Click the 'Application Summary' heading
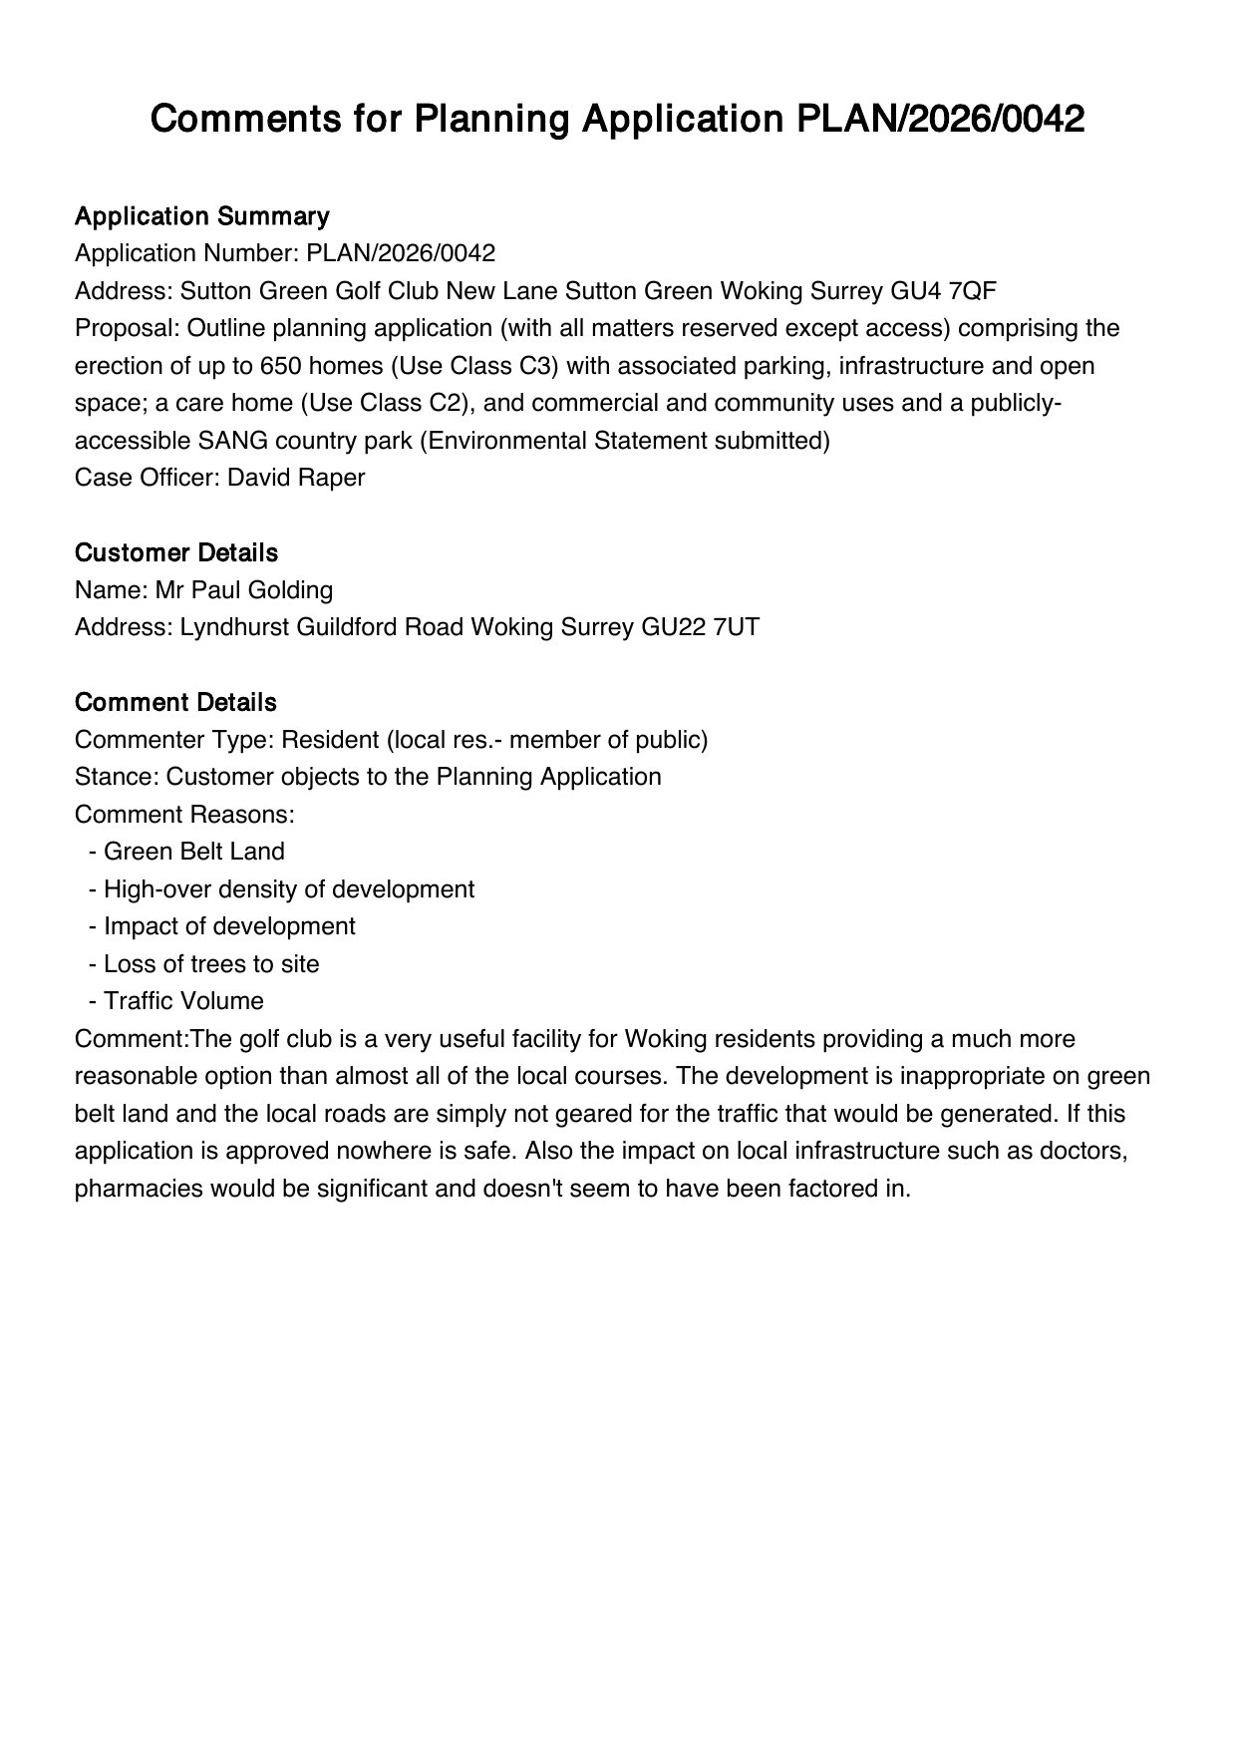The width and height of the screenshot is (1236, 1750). pyautogui.click(x=201, y=216)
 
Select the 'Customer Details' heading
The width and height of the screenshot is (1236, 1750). pyautogui.click(x=176, y=552)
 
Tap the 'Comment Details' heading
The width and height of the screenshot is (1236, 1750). pyautogui.click(x=175, y=702)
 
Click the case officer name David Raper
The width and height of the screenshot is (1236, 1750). pyautogui.click(x=296, y=478)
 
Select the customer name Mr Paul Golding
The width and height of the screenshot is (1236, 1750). pyautogui.click(x=243, y=590)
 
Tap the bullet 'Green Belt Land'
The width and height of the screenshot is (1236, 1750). pyautogui.click(x=193, y=852)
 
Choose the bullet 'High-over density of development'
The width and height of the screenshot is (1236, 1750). pyautogui.click(x=288, y=889)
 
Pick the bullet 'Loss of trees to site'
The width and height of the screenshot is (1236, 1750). pyautogui.click(x=211, y=964)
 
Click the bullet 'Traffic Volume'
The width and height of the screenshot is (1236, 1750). pyautogui.click(x=183, y=1001)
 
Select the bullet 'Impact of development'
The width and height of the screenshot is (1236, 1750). pyautogui.click(x=229, y=926)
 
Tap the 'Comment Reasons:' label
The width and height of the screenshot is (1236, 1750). pyautogui.click(x=184, y=815)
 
